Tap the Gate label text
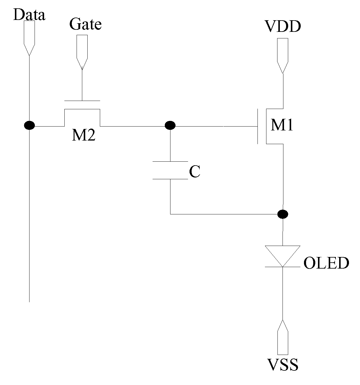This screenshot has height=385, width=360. point(86,24)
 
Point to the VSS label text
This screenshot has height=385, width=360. point(283,364)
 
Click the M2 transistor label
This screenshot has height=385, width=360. point(84,135)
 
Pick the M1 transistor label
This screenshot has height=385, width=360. point(282,125)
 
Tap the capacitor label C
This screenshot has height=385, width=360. point(195,172)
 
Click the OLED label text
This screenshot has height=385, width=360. point(326,263)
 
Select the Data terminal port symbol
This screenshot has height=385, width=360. point(29,38)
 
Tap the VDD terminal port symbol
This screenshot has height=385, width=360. point(283,56)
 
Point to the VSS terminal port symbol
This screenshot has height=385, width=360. point(283,337)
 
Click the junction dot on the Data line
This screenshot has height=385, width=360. point(29,125)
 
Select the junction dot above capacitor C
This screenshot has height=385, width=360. point(170,125)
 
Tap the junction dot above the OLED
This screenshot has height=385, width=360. point(283,214)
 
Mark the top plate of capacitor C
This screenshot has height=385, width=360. point(170,161)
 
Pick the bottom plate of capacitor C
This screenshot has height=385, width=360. point(170,179)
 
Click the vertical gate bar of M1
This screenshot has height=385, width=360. point(258,126)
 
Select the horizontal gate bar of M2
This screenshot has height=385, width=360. point(82,101)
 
